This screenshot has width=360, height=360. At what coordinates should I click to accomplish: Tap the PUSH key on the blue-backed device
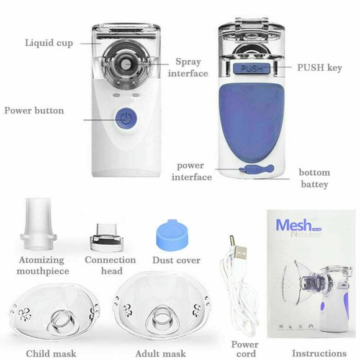[252, 68]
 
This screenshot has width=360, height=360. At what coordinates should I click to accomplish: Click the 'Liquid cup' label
[49, 43]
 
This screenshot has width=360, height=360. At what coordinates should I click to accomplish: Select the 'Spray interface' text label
[191, 68]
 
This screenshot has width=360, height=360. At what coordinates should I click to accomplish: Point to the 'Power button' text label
[34, 110]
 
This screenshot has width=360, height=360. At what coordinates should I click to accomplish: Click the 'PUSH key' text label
[322, 67]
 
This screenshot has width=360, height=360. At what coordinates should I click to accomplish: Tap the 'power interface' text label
[194, 171]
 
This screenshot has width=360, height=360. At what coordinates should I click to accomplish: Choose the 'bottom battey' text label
[314, 178]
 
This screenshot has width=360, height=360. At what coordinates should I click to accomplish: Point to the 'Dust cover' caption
[176, 260]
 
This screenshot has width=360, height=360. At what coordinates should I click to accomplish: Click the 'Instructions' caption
[319, 353]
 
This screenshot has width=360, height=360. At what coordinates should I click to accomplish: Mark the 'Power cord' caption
[245, 349]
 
